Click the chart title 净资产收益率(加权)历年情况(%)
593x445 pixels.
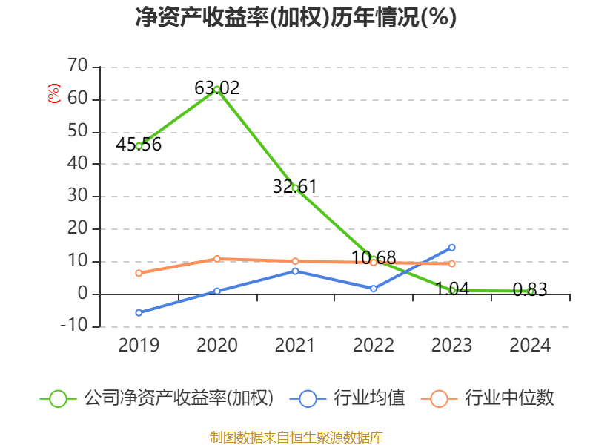(296, 18)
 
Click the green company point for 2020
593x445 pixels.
(217, 89)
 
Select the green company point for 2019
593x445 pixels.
(139, 146)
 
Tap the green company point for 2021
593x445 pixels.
(295, 188)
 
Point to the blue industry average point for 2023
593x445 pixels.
(452, 248)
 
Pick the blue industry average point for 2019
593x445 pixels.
(139, 312)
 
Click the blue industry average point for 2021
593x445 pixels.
(295, 271)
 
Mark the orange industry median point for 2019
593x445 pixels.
(139, 273)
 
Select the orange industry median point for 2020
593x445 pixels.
(217, 259)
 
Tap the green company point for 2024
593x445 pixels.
(531, 292)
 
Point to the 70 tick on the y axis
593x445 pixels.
(77, 67)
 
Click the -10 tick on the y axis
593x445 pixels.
(74, 326)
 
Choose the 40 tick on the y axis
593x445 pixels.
(77, 164)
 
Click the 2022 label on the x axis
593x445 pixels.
(374, 346)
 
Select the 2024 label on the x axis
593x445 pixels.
(531, 346)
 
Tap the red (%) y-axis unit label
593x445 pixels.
(53, 94)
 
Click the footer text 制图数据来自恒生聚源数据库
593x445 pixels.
(296, 437)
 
